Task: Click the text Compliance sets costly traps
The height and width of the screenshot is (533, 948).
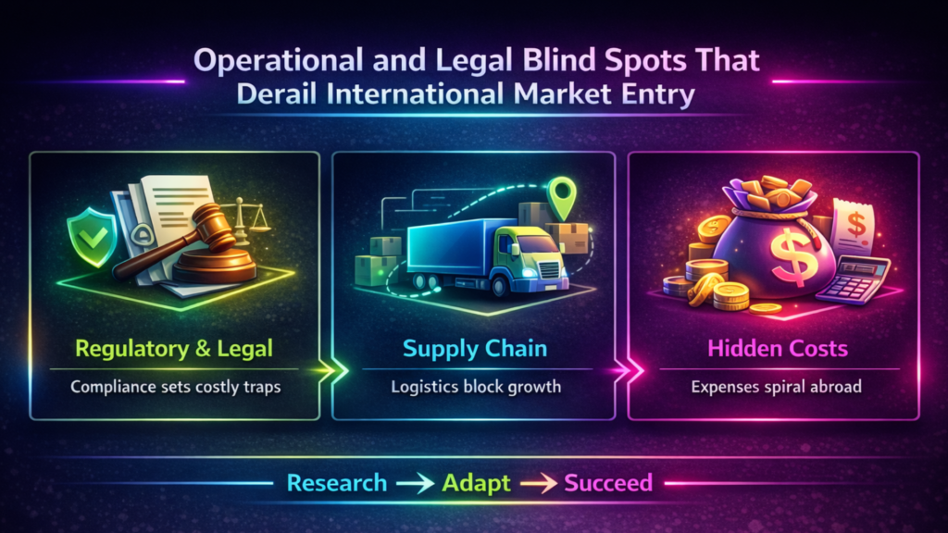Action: (x=176, y=386)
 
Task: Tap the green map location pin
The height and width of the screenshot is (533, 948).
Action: (x=561, y=195)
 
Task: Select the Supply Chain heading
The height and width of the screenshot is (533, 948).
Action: (x=474, y=349)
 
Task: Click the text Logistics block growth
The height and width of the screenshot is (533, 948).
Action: (x=474, y=386)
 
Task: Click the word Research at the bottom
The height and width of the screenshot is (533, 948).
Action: (x=337, y=483)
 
